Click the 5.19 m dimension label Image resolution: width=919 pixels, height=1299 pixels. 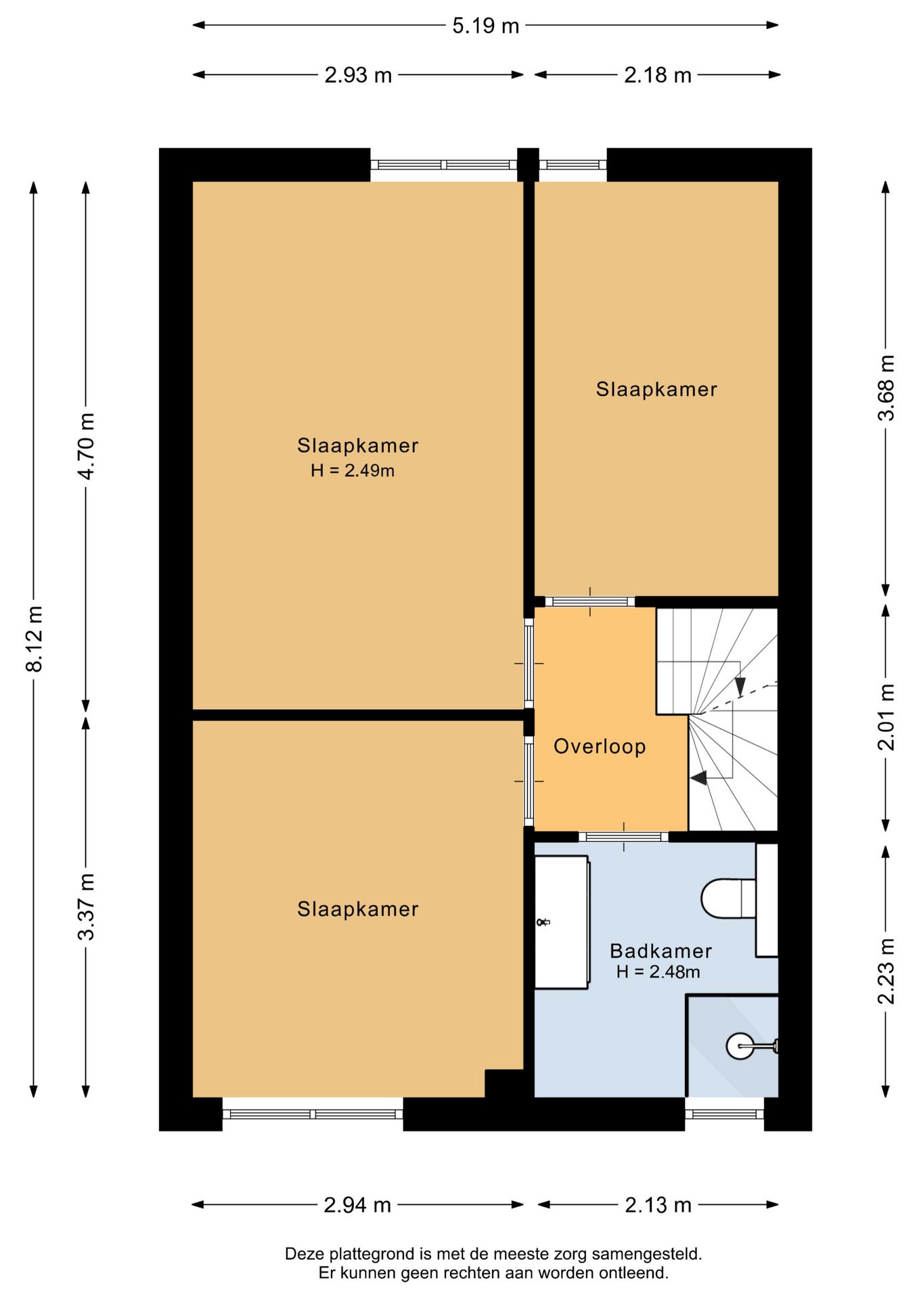485,26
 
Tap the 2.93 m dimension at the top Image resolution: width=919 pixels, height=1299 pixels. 358,74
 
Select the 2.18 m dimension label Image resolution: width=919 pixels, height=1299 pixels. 658,74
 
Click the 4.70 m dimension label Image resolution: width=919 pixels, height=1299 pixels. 86,446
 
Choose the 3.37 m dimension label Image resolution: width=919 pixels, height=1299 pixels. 86,907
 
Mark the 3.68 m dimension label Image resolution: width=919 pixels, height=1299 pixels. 886,388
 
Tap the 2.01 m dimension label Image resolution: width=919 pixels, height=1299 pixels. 886,717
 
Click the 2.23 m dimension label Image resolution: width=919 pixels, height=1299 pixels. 886,972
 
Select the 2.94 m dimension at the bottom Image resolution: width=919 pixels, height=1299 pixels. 357,1205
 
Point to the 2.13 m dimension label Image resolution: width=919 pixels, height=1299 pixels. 658,1205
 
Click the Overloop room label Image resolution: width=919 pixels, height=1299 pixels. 600,746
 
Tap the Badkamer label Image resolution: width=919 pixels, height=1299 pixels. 660,951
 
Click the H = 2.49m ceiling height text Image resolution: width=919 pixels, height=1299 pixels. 353,471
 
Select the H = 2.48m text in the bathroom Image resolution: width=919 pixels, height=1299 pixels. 658,972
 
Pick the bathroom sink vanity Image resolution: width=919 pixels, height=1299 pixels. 562,922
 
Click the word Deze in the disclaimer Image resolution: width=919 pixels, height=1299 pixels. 302,1254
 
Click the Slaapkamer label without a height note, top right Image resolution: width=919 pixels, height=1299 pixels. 656,389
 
